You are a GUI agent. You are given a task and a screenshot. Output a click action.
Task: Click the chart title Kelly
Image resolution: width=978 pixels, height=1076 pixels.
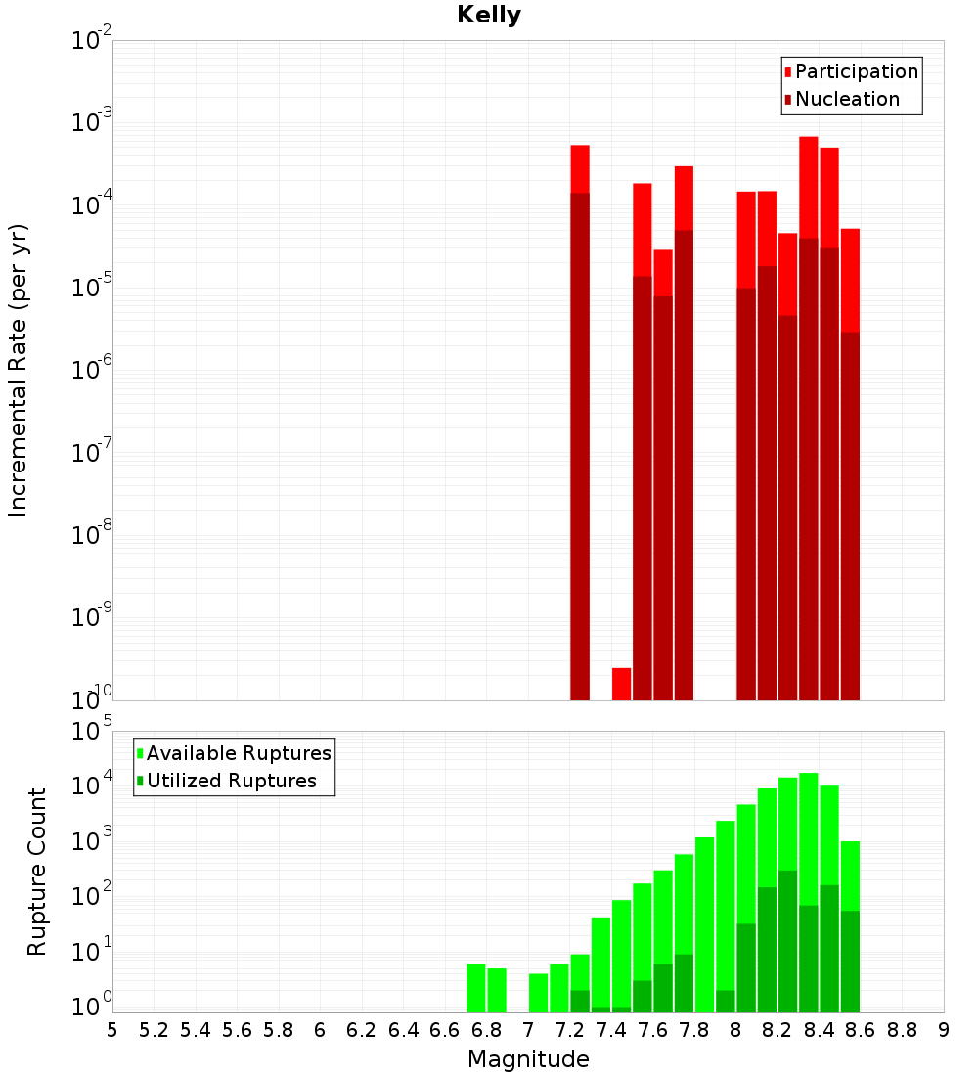click(x=489, y=16)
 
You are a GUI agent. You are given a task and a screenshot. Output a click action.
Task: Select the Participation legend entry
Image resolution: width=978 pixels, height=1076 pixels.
click(x=856, y=71)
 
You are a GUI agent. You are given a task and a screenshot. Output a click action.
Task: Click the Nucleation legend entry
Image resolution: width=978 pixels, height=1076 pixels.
click(x=846, y=99)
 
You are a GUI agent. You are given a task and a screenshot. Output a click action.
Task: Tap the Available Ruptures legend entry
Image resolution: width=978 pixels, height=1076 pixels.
click(x=238, y=753)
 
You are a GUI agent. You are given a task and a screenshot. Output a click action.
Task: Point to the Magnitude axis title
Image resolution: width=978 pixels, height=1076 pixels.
click(x=528, y=1059)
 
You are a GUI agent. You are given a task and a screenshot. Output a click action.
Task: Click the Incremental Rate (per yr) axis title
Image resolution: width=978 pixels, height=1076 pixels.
click(x=19, y=370)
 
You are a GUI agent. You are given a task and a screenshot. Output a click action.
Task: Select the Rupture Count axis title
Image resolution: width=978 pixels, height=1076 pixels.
click(x=37, y=872)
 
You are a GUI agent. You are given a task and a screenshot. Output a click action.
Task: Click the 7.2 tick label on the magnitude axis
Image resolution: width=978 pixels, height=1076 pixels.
click(x=570, y=1030)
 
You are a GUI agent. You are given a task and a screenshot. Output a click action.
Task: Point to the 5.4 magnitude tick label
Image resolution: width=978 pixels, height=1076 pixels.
click(x=196, y=1030)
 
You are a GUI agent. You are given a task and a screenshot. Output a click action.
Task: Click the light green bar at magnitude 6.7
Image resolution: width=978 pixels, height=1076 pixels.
click(x=476, y=988)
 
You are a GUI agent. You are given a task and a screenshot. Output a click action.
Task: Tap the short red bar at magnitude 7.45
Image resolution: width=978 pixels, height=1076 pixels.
click(x=621, y=684)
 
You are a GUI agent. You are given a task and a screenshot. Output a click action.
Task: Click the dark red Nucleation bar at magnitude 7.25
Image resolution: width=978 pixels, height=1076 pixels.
click(x=580, y=440)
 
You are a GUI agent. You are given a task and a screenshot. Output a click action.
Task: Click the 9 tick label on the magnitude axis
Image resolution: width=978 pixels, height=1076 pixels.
click(x=944, y=1030)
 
